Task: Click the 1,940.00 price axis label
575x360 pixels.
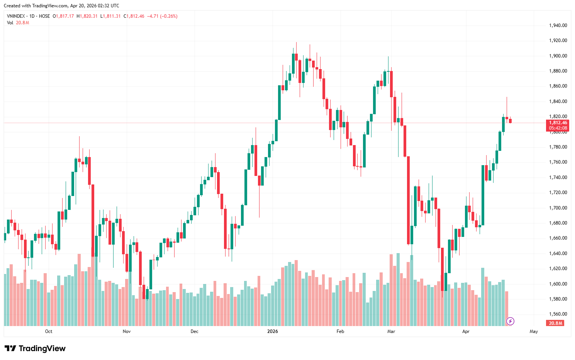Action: [x=558, y=25]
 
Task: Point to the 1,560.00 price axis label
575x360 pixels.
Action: [x=558, y=314]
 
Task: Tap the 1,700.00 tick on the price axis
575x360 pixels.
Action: [x=558, y=208]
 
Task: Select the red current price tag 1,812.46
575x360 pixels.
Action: [x=558, y=123]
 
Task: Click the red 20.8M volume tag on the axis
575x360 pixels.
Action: [x=555, y=323]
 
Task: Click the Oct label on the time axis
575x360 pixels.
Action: [x=49, y=331]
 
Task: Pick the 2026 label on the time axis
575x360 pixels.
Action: [x=273, y=331]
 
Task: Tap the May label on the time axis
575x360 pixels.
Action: [x=534, y=331]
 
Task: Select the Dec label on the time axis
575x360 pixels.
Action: [x=195, y=331]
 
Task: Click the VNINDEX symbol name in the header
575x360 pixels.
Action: [x=16, y=16]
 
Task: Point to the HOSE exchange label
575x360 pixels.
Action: [x=44, y=16]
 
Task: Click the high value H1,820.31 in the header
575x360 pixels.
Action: [x=87, y=16]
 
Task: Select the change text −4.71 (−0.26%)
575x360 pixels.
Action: [x=162, y=16]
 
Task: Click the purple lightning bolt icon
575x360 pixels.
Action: [x=510, y=321]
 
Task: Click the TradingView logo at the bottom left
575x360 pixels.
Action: [x=35, y=348]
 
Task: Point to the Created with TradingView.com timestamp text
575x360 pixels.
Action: [x=61, y=6]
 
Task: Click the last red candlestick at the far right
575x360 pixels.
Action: [x=510, y=121]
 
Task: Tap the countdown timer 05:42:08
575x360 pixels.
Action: [x=558, y=128]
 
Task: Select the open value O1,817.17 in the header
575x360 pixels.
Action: [x=63, y=16]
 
